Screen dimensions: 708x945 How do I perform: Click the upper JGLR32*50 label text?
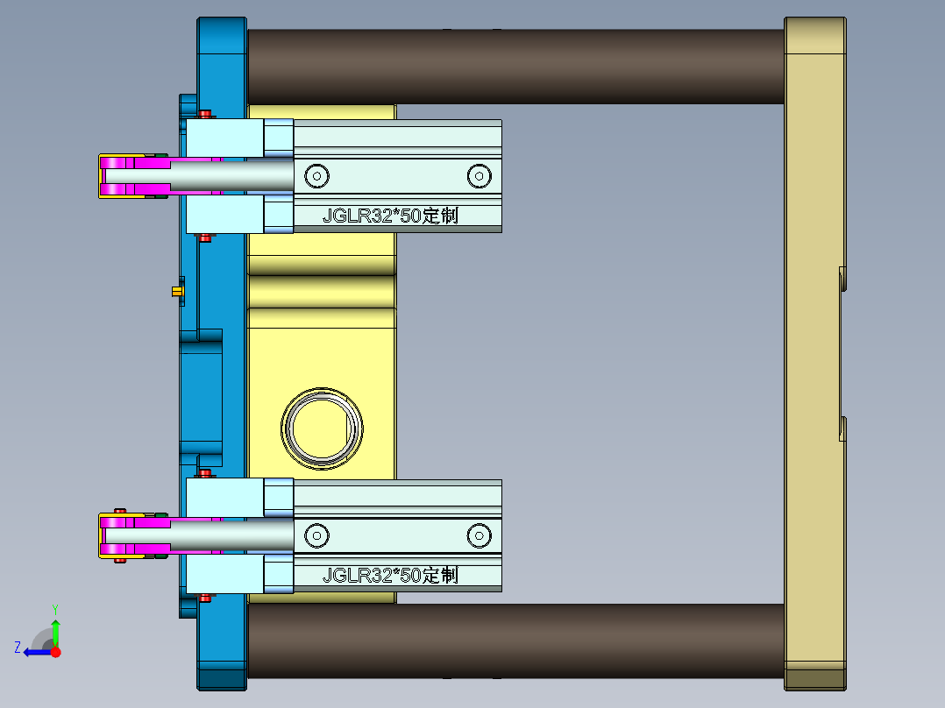pos(390,216)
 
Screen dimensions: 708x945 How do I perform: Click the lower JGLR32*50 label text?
pos(390,576)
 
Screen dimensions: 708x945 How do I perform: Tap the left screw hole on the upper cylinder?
pos(316,175)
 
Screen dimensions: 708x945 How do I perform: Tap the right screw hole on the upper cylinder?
pos(479,175)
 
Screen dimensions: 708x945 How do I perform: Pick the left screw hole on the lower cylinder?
pos(316,535)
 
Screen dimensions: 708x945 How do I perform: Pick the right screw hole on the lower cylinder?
pos(479,535)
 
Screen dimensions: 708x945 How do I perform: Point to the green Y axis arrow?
pos(55,628)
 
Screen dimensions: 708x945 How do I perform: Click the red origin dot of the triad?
pos(56,652)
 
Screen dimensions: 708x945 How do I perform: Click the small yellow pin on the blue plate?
pos(177,290)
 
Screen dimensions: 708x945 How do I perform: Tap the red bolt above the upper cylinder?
pos(206,114)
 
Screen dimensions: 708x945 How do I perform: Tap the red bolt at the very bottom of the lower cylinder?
pos(206,598)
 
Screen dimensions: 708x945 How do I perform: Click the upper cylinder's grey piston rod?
pos(232,175)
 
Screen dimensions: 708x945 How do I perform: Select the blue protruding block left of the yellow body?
pos(202,394)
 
